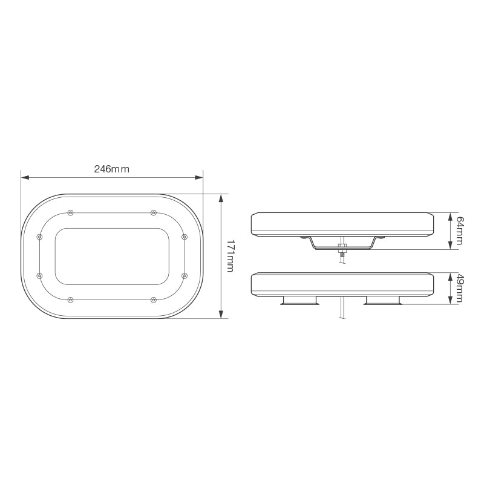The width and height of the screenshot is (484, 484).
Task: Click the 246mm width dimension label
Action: coord(111,169)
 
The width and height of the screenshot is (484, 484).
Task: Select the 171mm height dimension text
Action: coord(229,256)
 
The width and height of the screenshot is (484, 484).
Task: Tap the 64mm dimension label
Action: coord(459,231)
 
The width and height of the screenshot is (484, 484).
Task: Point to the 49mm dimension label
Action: coord(459,289)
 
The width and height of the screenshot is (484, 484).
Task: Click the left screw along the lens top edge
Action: coord(71,212)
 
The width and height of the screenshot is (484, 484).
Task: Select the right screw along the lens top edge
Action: coord(153,212)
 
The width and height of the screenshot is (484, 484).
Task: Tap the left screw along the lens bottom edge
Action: coord(71,299)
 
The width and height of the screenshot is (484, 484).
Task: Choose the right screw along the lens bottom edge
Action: coord(153,299)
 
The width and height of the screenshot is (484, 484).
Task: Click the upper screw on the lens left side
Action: coord(40,237)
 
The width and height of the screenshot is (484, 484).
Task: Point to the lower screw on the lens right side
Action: coord(184,276)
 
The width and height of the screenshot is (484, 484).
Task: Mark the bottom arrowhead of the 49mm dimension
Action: coord(450,302)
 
